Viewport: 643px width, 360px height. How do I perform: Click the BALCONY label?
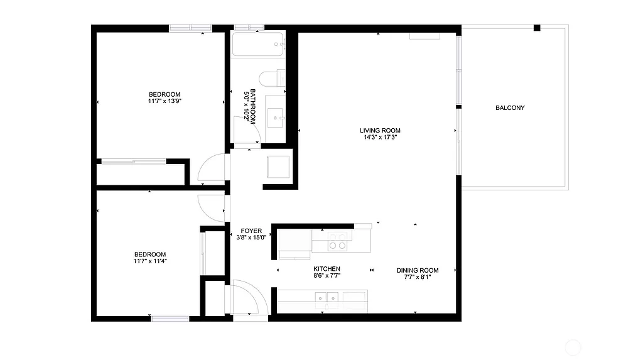[x=510, y=108]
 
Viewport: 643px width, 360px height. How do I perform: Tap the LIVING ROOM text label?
[x=380, y=131]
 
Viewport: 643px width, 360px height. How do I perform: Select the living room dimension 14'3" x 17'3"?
[x=380, y=137]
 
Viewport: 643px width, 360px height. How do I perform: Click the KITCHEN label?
[x=327, y=269]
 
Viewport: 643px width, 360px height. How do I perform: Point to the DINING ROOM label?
[x=418, y=271]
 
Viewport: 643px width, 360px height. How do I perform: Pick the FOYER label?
[x=251, y=231]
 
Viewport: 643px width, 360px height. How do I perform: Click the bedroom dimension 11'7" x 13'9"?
[x=165, y=101]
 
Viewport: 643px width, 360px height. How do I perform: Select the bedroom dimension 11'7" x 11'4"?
[x=149, y=261]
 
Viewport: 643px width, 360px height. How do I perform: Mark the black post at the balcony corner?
[x=537, y=28]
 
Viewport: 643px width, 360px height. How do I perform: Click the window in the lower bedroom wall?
[x=170, y=319]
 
